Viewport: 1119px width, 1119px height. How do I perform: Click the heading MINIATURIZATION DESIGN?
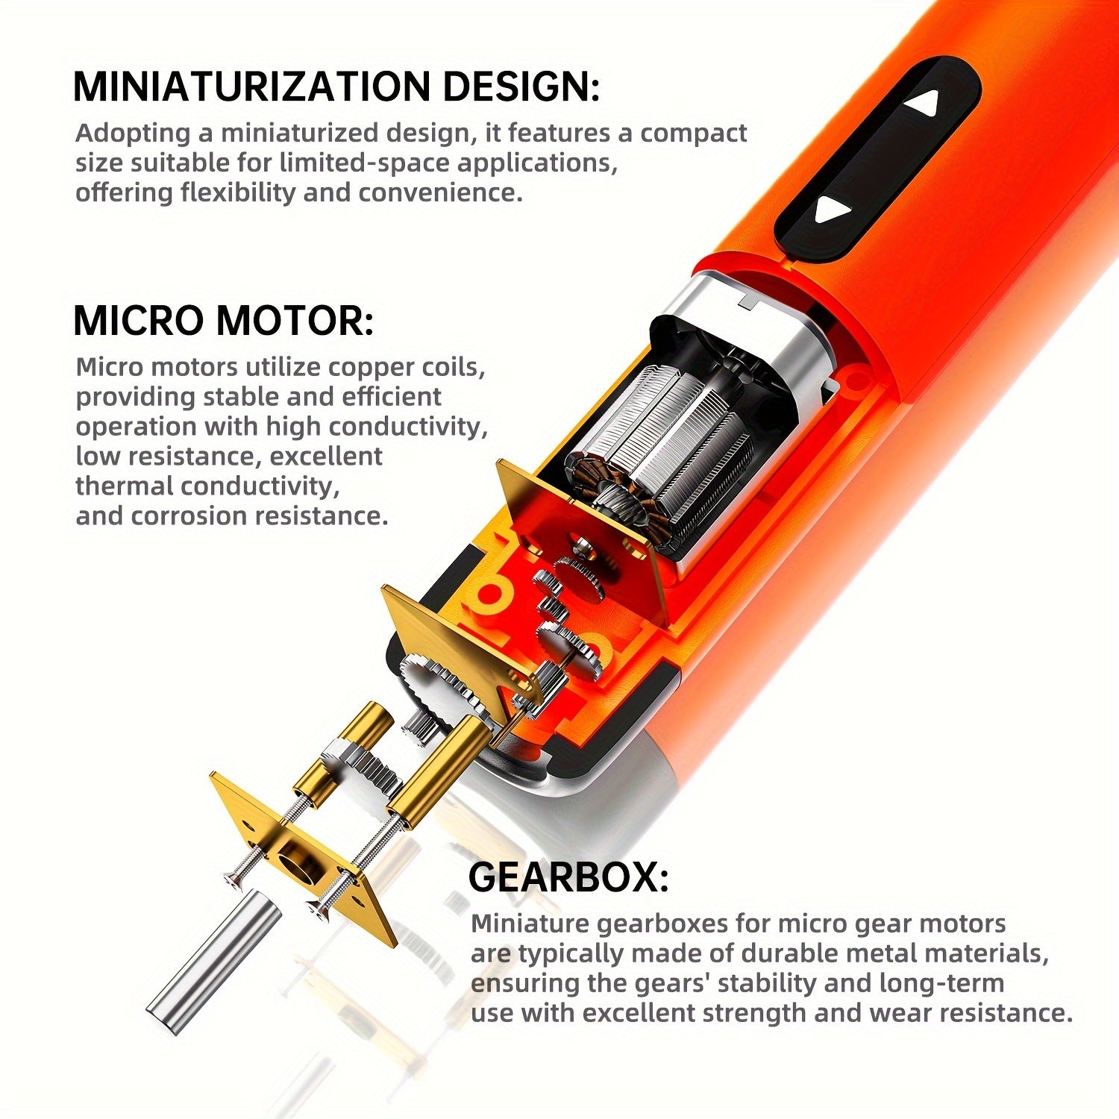[336, 87]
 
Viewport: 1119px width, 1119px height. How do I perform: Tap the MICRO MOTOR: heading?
[223, 321]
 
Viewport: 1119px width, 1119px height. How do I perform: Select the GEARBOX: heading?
[568, 877]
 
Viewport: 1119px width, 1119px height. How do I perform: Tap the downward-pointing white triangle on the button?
[833, 210]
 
